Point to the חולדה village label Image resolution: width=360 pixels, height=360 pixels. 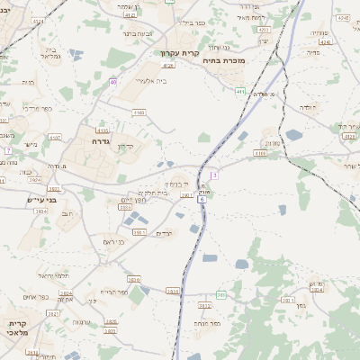click(308, 106)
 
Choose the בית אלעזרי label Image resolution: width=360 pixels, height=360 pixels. click(151, 80)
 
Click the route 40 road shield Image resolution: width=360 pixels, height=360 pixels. click(113, 82)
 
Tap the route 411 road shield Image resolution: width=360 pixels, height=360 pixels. click(241, 91)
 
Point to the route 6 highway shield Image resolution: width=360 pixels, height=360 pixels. click(203, 201)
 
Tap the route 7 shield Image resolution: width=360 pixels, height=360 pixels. click(7, 149)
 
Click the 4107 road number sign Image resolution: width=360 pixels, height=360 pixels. click(56, 138)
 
